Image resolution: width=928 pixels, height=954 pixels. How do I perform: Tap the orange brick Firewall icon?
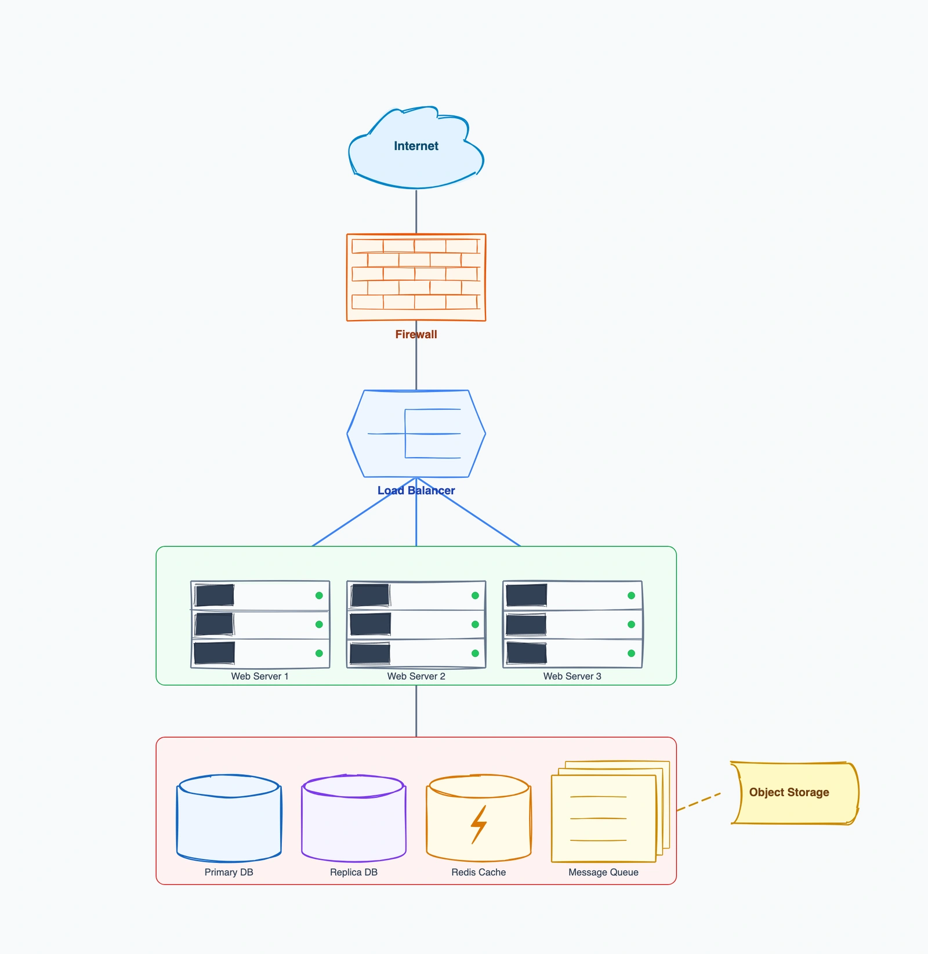pyautogui.click(x=416, y=277)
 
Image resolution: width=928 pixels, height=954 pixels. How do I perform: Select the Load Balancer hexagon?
pyautogui.click(x=416, y=434)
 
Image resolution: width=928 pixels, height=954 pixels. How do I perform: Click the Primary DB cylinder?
pyautogui.click(x=229, y=821)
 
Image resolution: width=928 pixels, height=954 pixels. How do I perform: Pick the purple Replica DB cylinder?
pyautogui.click(x=353, y=821)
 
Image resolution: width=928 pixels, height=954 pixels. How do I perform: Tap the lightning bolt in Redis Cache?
pyautogui.click(x=478, y=824)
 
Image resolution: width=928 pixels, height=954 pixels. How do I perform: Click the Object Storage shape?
pyautogui.click(x=793, y=793)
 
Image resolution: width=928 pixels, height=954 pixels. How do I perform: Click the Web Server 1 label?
pyautogui.click(x=259, y=676)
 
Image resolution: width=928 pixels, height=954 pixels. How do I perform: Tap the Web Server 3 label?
pyautogui.click(x=572, y=676)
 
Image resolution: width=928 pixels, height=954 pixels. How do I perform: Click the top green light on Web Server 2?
pyautogui.click(x=475, y=596)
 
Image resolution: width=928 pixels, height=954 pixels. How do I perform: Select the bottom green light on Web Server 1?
pyautogui.click(x=319, y=653)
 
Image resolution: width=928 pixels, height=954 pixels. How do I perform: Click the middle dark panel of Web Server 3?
pyautogui.click(x=526, y=625)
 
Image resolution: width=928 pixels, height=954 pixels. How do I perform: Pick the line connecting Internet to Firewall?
pyautogui.click(x=416, y=212)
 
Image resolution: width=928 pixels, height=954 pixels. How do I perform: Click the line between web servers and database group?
pyautogui.click(x=416, y=711)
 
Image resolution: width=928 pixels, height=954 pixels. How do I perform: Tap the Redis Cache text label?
pyautogui.click(x=478, y=872)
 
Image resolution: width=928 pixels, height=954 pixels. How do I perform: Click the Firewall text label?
pyautogui.click(x=416, y=335)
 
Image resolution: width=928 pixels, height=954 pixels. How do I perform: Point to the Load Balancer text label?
pyautogui.click(x=416, y=491)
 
